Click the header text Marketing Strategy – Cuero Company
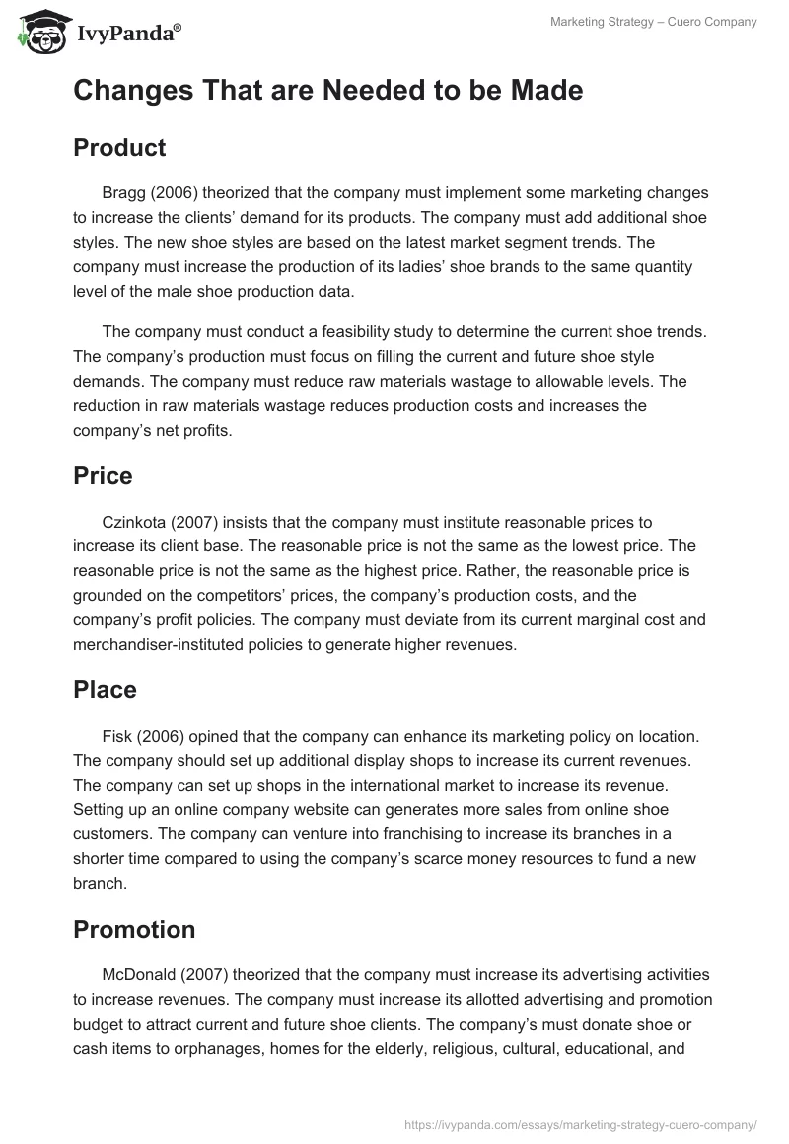(x=654, y=23)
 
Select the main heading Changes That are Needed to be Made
(x=327, y=91)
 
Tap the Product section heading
(x=119, y=148)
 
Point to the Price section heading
(x=103, y=476)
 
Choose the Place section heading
(x=105, y=690)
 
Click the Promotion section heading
(x=134, y=930)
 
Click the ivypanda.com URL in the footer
(x=580, y=1123)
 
